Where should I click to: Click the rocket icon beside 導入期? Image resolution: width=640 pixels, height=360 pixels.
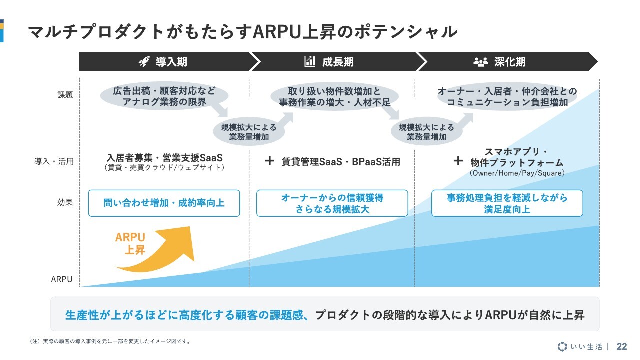pos(144,61)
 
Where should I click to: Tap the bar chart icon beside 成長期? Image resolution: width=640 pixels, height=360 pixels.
pos(310,61)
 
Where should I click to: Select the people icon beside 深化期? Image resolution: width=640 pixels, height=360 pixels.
pos(481,62)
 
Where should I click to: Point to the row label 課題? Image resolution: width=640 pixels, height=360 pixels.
pos(65,95)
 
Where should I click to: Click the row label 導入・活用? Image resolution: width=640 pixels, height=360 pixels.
pos(54,161)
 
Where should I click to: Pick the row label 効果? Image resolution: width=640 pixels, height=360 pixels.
pos(65,202)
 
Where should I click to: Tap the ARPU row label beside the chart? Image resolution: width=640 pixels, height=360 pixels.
pos(61,279)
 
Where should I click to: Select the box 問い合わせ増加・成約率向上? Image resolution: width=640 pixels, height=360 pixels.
pos(164,203)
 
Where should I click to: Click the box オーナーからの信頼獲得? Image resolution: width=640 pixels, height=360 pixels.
pos(332,203)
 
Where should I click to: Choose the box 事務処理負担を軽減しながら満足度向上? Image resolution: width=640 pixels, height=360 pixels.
pos(507,203)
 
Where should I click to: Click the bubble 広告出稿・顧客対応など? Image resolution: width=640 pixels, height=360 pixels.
pos(164,96)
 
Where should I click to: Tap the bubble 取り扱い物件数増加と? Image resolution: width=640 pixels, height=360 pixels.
pos(334,97)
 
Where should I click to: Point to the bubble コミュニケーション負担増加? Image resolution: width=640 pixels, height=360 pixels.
pos(507,97)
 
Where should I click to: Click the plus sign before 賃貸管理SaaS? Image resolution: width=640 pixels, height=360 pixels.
pos(269,161)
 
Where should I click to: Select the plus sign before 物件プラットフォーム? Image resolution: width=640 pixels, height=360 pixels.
pos(458,161)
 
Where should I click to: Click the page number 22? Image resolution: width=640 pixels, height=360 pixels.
pos(622,346)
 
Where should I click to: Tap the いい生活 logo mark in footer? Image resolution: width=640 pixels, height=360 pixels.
pos(562,346)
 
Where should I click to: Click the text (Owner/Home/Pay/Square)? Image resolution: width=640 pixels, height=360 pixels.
pos(517,173)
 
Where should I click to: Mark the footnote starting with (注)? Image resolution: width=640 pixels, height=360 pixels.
pos(110,341)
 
